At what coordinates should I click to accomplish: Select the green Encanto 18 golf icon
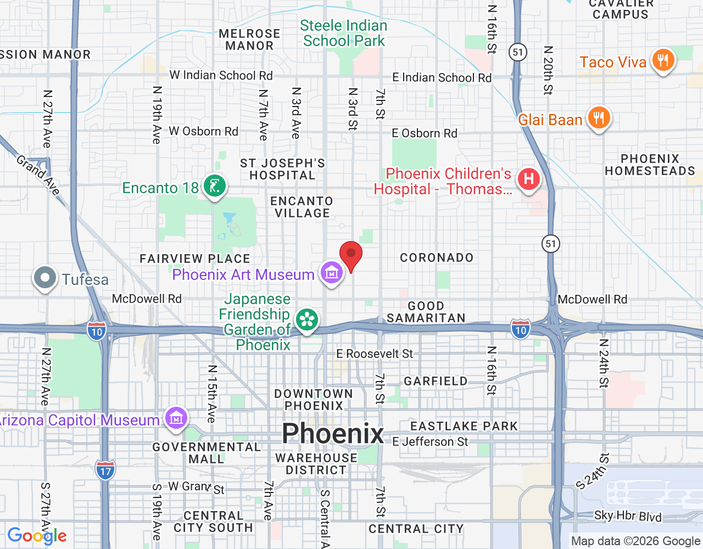click(214, 186)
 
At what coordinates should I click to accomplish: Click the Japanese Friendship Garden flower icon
click(307, 320)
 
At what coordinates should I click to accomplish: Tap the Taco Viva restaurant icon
click(663, 61)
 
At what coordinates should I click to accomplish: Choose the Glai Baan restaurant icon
click(599, 119)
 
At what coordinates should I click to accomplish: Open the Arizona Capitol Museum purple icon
click(176, 419)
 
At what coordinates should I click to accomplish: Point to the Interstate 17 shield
click(105, 470)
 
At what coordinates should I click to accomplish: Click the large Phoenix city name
click(333, 434)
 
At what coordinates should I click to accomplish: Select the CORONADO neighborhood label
click(437, 257)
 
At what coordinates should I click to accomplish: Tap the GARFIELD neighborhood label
click(436, 381)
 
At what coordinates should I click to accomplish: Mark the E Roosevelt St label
click(375, 354)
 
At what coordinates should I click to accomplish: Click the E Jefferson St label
click(430, 441)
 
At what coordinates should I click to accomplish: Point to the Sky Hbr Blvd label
click(628, 516)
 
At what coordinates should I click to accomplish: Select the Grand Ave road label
click(37, 175)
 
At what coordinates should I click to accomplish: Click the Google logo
click(37, 536)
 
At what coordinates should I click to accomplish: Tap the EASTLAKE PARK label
click(464, 426)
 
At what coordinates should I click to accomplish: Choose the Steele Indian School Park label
click(344, 33)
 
